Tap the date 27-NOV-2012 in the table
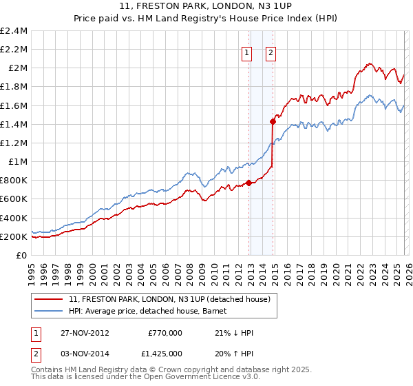click(x=85, y=333)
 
